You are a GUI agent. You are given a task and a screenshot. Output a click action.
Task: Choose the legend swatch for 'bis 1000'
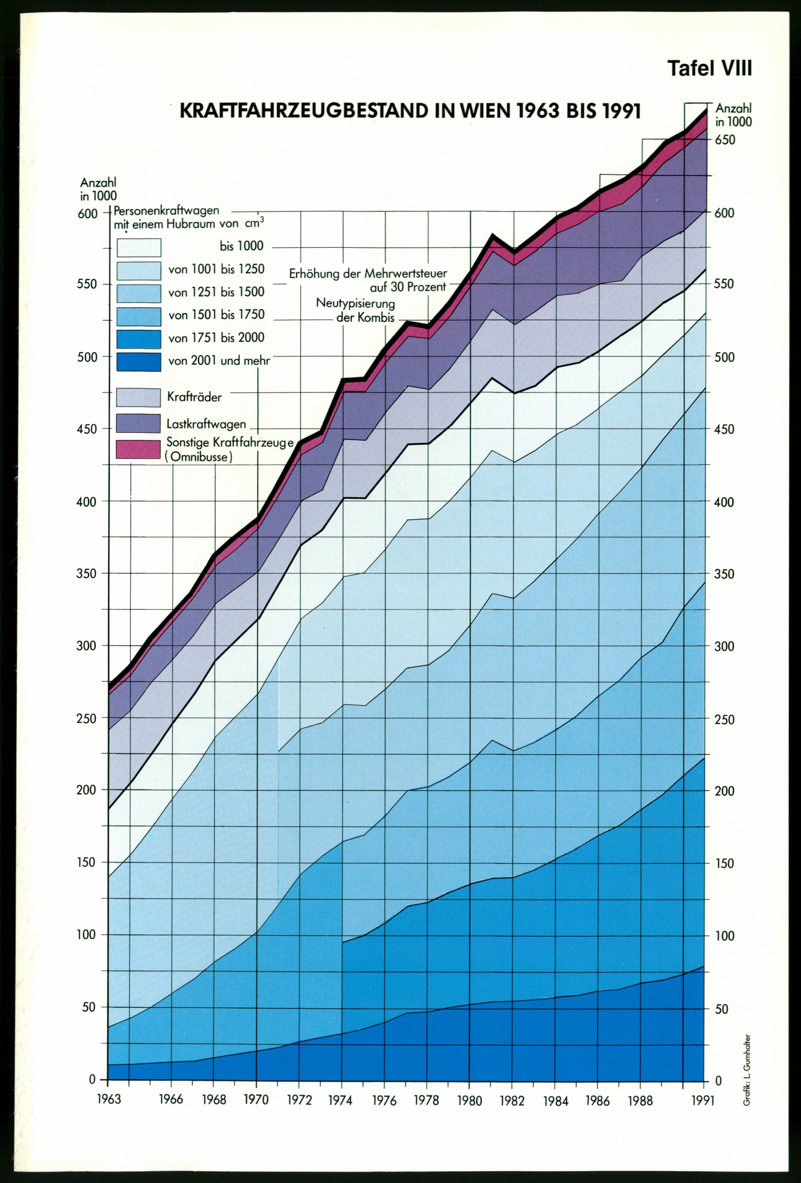pos(138,247)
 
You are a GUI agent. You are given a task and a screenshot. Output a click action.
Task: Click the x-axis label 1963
pos(109,1099)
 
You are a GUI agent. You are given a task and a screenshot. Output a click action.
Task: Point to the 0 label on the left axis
pos(92,1079)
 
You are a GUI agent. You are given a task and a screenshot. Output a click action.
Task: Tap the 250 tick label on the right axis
pos(724,719)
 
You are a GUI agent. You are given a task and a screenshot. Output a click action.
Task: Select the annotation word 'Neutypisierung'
pos(356,303)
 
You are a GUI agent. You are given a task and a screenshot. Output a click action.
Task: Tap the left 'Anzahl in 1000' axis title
pos(98,189)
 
